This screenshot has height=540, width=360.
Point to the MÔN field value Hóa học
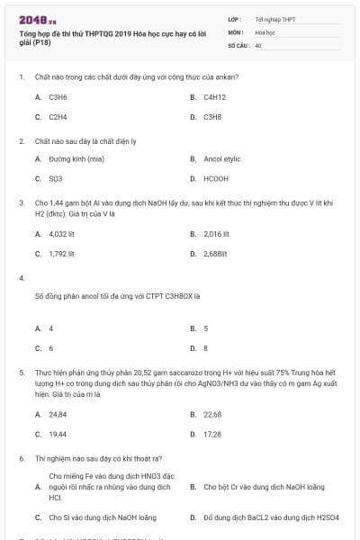click(x=265, y=31)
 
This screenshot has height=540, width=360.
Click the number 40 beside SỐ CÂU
click(x=258, y=44)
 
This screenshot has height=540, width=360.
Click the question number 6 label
click(x=21, y=458)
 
